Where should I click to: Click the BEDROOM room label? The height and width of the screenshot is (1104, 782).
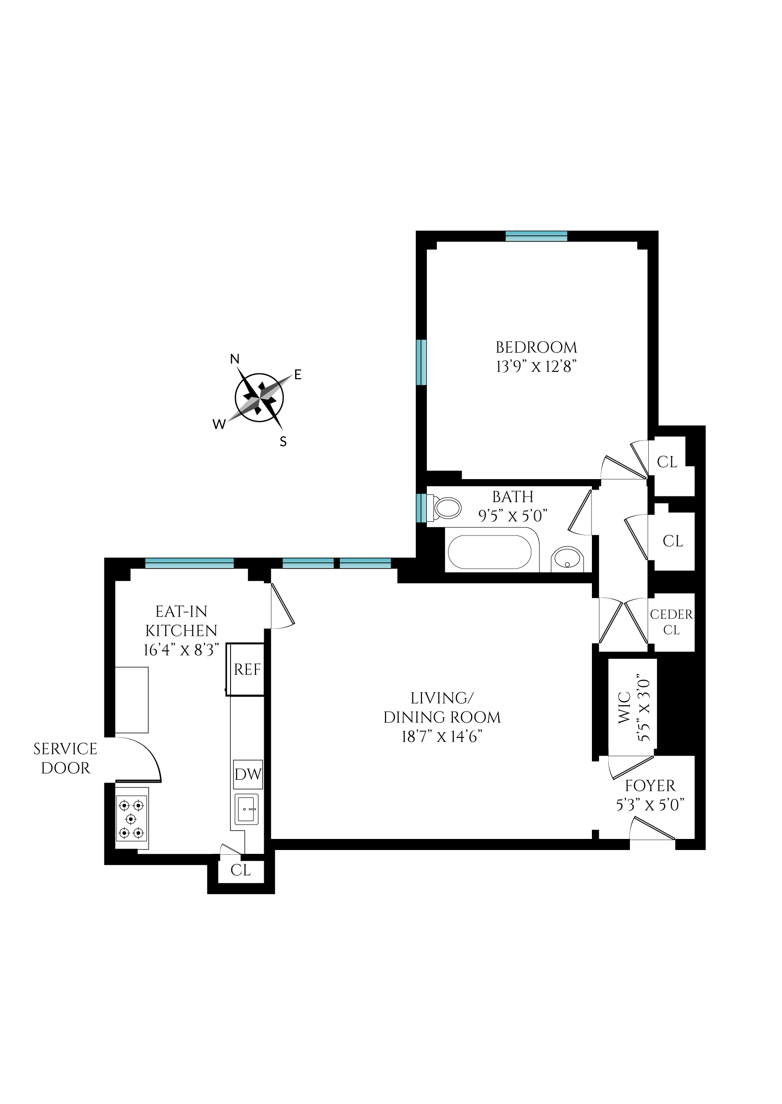point(536,347)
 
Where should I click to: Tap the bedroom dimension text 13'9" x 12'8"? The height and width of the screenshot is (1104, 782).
point(536,367)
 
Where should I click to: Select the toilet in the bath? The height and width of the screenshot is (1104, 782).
point(446,508)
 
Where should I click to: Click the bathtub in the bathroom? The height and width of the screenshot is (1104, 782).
point(489,552)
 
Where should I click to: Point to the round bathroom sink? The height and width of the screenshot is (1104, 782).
point(568,560)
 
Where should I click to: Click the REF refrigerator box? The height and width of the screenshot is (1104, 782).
point(247,670)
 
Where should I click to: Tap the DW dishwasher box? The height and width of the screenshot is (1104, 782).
point(248,774)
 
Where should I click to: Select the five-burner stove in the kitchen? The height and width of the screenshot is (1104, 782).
point(131,819)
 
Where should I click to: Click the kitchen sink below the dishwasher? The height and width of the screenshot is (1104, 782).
point(247,810)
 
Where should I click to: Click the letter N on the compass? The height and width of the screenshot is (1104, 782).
point(235,359)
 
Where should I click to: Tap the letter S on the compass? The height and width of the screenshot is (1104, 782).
point(283,442)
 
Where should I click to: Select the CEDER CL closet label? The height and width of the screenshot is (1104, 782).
point(671,622)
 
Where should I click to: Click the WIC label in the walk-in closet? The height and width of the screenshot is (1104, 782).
point(624,708)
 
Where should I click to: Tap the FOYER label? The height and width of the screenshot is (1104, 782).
point(650,786)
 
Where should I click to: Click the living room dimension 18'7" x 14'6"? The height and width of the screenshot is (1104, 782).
point(442,737)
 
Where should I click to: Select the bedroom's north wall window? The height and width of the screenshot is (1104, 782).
point(537,236)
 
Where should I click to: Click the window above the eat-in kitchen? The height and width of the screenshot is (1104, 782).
point(189,563)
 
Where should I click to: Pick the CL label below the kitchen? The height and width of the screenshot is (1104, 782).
point(240,870)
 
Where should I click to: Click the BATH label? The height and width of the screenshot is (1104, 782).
point(513,496)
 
